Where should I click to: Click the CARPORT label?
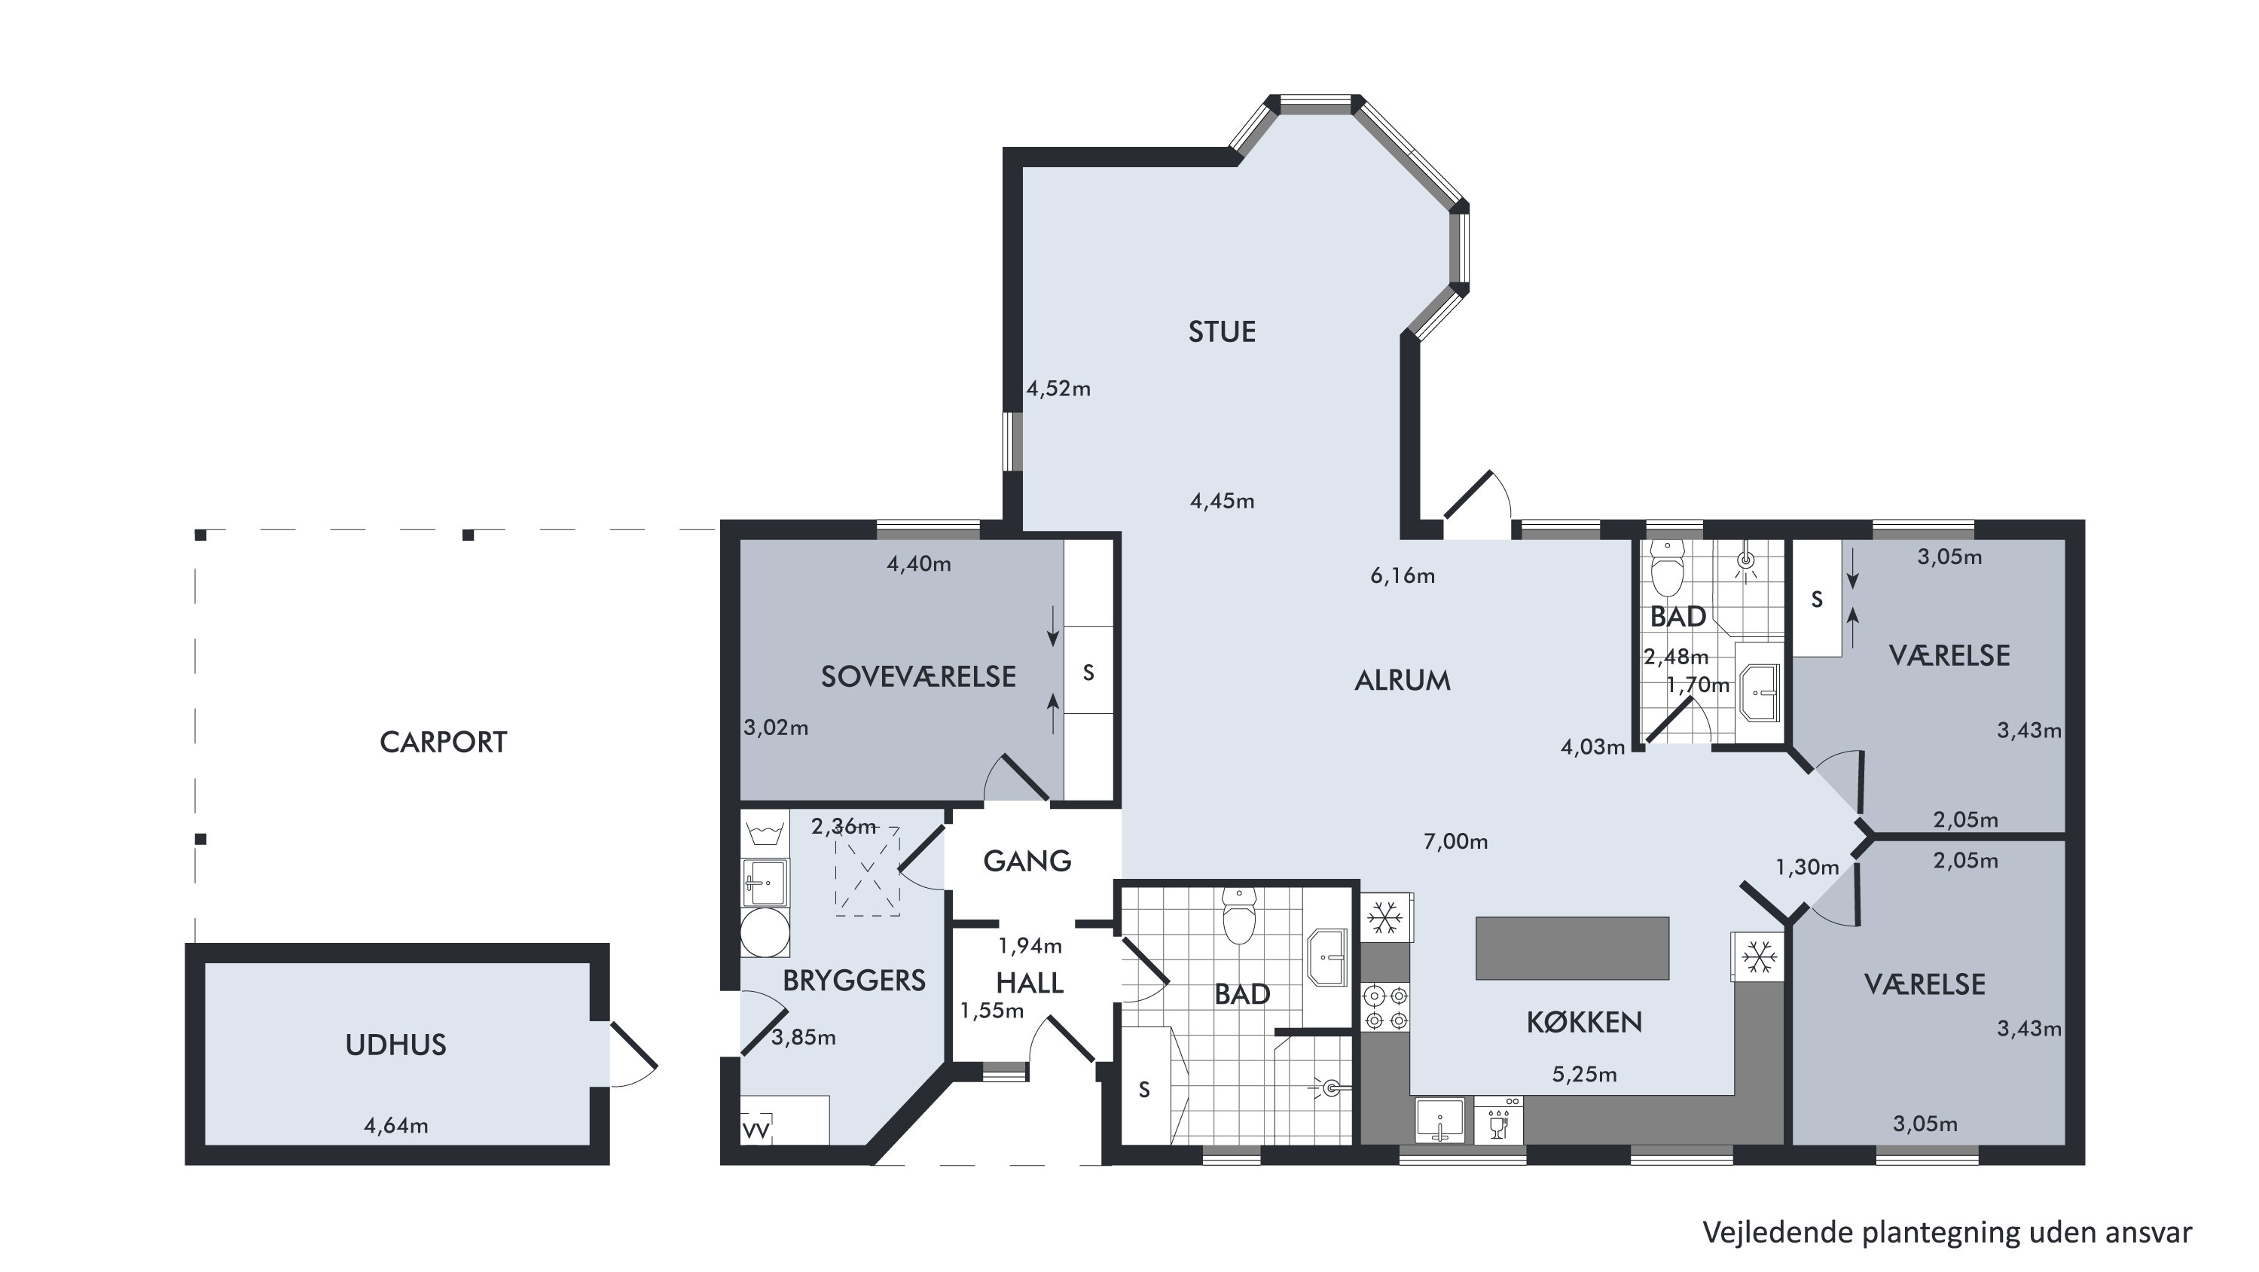point(443,743)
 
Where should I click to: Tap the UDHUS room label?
point(395,1045)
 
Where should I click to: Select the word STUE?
point(1222,331)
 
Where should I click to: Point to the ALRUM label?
point(1403,680)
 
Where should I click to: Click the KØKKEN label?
point(1584,1022)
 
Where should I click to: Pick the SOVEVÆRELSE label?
point(918,677)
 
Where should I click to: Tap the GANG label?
point(1027,861)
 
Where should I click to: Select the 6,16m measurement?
point(1403,576)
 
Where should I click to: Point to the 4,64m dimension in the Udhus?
point(395,1126)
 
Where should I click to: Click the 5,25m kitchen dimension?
point(1584,1075)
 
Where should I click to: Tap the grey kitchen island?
point(1572,947)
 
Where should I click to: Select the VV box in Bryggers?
point(756,1130)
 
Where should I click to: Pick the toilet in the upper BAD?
point(1667,568)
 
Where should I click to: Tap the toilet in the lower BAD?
point(1238,915)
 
